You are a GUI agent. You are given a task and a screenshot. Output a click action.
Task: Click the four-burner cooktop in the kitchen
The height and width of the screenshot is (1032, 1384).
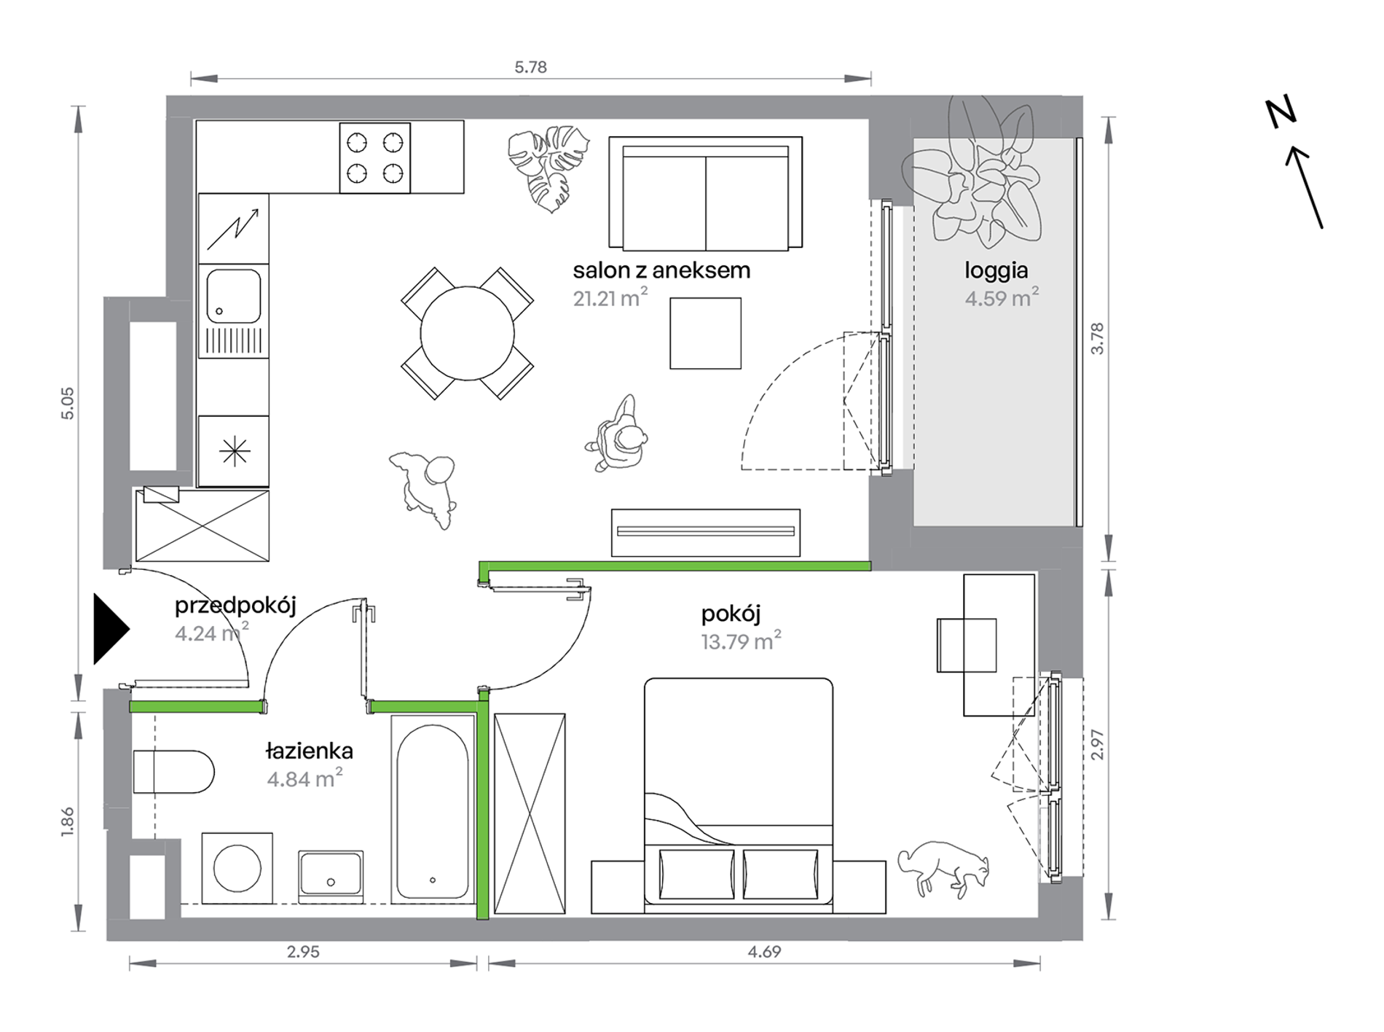[x=375, y=157]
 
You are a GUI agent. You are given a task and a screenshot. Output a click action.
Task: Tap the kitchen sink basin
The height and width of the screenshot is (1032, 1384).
[x=234, y=296]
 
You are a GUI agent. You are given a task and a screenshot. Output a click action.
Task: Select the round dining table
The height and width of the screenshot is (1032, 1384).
[x=467, y=334]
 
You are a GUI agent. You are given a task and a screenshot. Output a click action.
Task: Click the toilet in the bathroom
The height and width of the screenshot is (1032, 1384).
[x=173, y=772]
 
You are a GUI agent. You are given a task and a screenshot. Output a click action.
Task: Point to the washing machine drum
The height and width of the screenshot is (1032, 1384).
[x=237, y=868]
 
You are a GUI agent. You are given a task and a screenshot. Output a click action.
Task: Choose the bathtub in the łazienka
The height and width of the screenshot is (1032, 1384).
[x=433, y=809]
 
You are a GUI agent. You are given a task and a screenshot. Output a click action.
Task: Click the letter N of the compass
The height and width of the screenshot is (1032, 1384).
[x=1281, y=112]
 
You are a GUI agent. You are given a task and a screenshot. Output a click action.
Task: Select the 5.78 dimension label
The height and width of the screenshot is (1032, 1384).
[x=530, y=67]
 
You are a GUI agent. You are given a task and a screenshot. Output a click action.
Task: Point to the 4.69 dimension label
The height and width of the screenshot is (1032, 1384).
[x=764, y=952]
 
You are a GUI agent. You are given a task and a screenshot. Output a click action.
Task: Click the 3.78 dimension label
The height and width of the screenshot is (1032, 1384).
[x=1098, y=338]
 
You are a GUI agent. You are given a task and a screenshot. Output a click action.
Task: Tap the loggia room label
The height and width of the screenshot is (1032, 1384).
[x=996, y=271]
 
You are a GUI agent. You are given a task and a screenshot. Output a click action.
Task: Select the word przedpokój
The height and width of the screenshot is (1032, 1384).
[x=235, y=606]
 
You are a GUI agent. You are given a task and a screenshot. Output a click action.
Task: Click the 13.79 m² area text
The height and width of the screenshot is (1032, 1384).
[x=742, y=641]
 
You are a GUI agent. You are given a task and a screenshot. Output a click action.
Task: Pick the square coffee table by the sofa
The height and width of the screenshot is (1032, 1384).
[x=706, y=333]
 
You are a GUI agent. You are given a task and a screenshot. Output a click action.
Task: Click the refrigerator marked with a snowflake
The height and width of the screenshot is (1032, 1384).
[x=234, y=452]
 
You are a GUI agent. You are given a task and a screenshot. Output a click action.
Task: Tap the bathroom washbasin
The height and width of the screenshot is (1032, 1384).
[x=331, y=875]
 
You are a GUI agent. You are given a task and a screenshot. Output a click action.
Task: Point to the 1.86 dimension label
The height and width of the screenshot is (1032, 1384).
[x=68, y=821]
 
